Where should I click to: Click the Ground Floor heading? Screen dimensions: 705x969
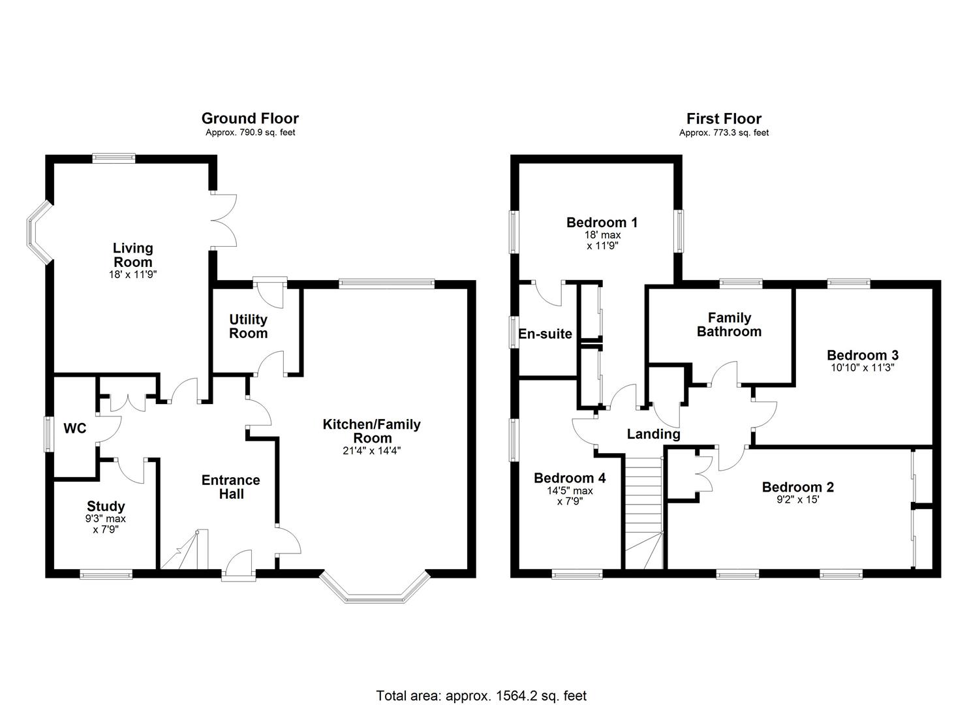point(250,119)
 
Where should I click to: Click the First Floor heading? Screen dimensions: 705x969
point(724,119)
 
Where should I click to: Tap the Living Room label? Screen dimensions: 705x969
point(132,255)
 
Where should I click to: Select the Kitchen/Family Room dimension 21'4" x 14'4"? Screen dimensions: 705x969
point(372,450)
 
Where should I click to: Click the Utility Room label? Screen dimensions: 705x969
point(248,326)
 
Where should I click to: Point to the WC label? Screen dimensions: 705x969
point(75,429)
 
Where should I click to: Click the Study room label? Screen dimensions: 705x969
point(106,507)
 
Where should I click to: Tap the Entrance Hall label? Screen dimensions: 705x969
point(230,487)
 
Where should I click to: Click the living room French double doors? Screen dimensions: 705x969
point(224,220)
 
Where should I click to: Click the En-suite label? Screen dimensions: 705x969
point(546,334)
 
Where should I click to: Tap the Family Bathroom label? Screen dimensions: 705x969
point(729,324)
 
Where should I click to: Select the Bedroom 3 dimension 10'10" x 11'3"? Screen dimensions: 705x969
point(863,368)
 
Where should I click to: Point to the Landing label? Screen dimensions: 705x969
point(653,434)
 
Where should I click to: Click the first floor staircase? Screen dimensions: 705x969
point(643,512)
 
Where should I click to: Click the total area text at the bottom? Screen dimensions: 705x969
point(482,695)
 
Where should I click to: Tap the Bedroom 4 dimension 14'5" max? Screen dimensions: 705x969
point(570,491)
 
